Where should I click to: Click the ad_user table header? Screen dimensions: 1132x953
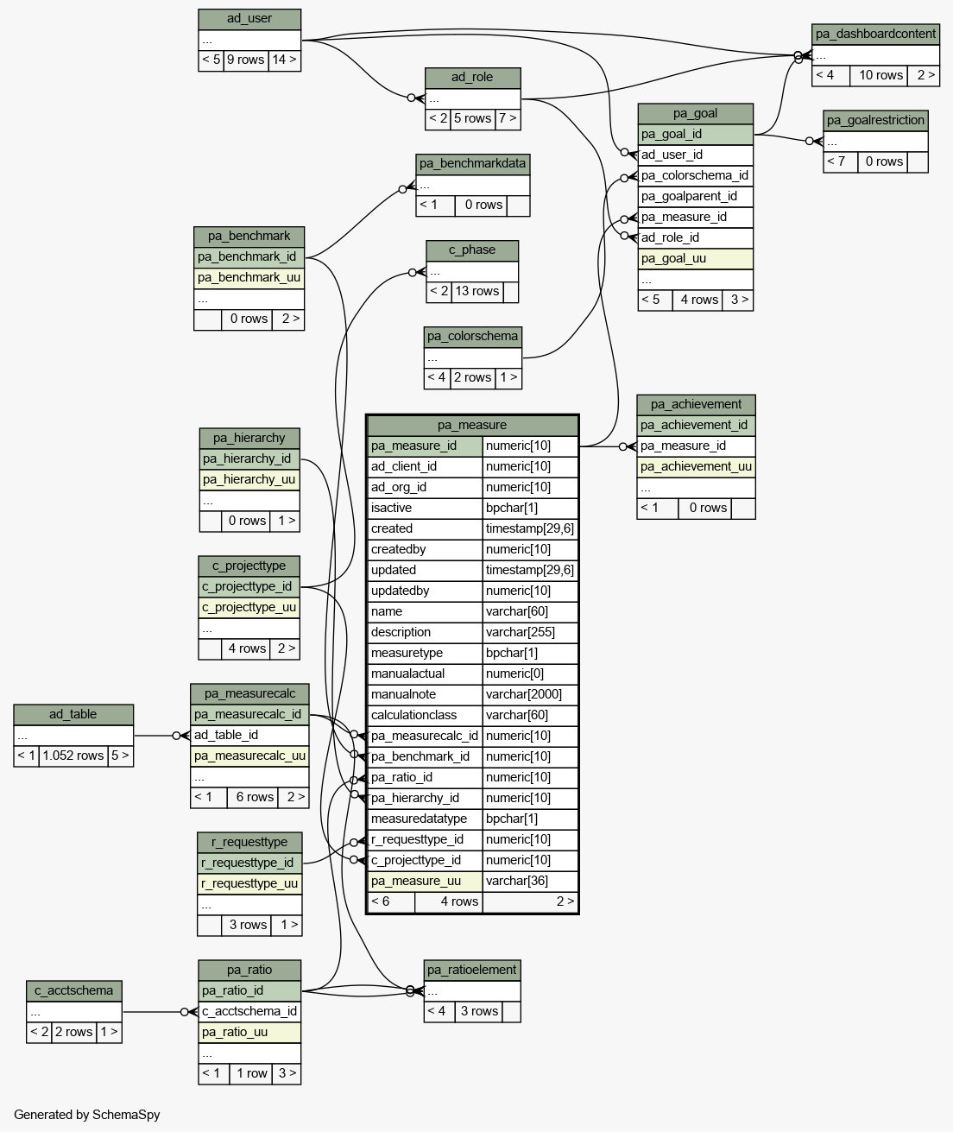click(249, 19)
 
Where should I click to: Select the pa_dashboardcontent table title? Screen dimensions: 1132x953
click(875, 35)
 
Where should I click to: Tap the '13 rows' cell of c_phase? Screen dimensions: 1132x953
click(476, 291)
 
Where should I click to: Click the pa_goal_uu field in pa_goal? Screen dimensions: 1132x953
click(695, 258)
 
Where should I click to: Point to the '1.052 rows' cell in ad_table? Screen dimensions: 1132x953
click(73, 756)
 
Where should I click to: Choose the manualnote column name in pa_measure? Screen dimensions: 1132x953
click(424, 694)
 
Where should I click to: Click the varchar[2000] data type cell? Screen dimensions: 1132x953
click(530, 694)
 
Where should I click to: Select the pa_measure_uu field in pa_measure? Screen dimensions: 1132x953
click(424, 881)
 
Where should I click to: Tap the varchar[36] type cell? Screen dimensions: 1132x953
click(530, 881)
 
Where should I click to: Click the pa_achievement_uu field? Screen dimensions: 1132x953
click(696, 466)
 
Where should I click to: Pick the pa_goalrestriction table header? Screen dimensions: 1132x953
click(875, 120)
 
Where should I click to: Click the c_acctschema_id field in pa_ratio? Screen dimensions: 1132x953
click(250, 1011)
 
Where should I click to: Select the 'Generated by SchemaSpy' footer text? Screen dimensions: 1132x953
click(87, 1115)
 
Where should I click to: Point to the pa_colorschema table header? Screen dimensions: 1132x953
click(473, 336)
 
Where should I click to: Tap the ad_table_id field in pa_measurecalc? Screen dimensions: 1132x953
click(249, 735)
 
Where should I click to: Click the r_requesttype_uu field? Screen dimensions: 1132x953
click(249, 883)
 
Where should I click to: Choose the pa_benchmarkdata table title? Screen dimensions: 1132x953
click(472, 163)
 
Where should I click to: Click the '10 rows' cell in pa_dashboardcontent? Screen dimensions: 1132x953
click(880, 75)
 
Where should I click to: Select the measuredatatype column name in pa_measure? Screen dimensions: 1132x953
click(424, 819)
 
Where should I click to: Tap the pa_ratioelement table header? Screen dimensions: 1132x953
click(472, 970)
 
